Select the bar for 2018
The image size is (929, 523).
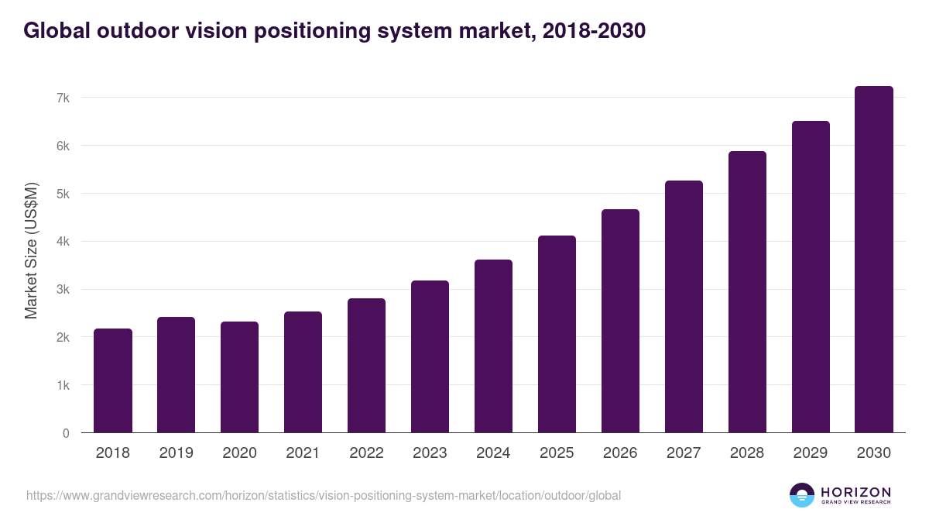point(113,380)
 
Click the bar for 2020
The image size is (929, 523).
point(239,377)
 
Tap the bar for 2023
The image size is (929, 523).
point(430,356)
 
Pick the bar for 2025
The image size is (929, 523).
point(557,334)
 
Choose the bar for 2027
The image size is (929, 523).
point(684,307)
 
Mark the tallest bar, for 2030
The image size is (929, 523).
point(873,260)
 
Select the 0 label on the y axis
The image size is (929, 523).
point(66,433)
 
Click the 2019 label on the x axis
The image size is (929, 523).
point(176,453)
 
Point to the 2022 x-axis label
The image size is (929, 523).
point(366,453)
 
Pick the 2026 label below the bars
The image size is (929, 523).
point(620,453)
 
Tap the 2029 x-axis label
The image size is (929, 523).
point(811,453)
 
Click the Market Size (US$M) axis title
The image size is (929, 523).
point(31,251)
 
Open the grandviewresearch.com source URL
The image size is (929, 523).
point(324,495)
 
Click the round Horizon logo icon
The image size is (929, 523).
point(802,495)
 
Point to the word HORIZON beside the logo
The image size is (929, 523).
point(855,491)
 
